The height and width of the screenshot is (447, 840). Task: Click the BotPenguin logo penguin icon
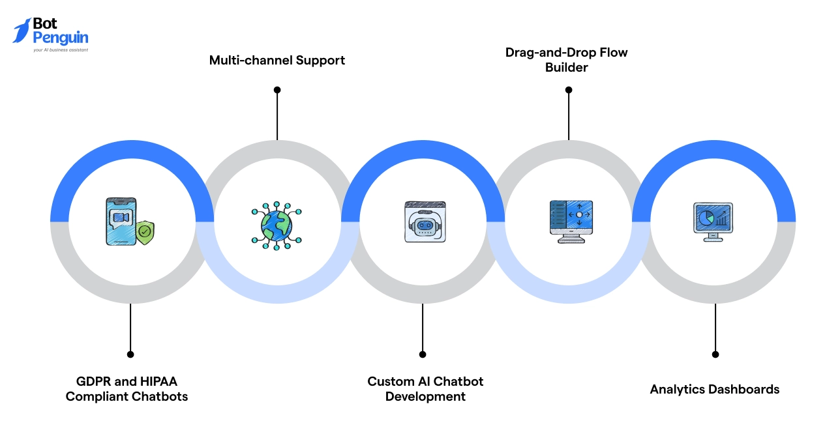click(22, 31)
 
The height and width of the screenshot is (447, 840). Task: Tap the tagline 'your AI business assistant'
click(60, 50)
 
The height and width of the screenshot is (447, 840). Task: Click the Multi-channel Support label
click(277, 61)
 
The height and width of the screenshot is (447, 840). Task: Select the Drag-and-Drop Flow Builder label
click(566, 59)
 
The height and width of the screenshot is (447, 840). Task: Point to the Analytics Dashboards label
click(714, 390)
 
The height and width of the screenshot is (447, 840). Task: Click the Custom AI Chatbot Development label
click(425, 389)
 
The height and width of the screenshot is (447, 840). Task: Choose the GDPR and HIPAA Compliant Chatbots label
click(127, 389)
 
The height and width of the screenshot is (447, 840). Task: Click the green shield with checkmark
click(145, 232)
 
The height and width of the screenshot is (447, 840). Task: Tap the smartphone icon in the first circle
click(121, 222)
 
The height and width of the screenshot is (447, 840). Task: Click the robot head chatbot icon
click(425, 222)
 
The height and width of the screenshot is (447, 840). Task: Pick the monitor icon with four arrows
click(571, 221)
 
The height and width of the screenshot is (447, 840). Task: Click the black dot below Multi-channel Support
click(277, 90)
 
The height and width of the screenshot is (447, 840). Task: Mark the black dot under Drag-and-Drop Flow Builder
click(568, 90)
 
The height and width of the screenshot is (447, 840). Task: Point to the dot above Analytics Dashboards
click(715, 354)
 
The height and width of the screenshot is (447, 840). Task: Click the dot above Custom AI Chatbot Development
click(423, 354)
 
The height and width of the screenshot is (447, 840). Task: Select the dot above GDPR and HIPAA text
click(130, 354)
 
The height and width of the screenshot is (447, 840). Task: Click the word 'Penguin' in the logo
click(60, 38)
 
